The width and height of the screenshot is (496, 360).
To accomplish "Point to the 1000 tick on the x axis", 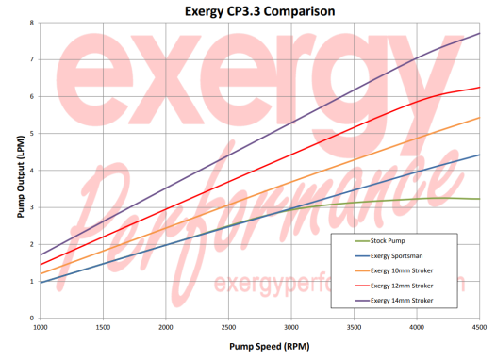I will pyautogui.click(x=41, y=327).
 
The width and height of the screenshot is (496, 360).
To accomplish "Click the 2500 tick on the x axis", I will pyautogui.click(x=229, y=327).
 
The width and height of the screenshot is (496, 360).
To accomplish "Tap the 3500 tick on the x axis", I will pyautogui.click(x=355, y=327).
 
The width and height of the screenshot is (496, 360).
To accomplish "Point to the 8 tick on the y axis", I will pyautogui.click(x=31, y=23).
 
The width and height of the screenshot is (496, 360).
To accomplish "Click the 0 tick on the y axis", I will pyautogui.click(x=31, y=319).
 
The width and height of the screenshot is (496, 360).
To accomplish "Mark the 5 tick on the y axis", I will pyautogui.click(x=31, y=134).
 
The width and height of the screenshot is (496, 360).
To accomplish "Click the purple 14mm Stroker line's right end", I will pyautogui.click(x=480, y=34).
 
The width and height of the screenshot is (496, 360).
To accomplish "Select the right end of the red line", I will pyautogui.click(x=480, y=88).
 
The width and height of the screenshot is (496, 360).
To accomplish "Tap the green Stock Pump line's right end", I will pyautogui.click(x=480, y=199).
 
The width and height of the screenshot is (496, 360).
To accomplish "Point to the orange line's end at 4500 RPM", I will pyautogui.click(x=480, y=118).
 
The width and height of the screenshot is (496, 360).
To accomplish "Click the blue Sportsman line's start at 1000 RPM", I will pyautogui.click(x=41, y=283).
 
